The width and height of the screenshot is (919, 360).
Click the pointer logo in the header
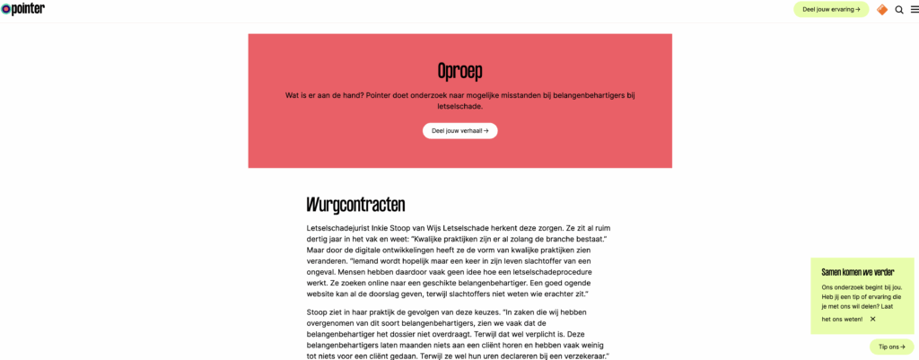[24, 9]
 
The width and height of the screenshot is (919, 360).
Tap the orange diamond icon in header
[882, 10]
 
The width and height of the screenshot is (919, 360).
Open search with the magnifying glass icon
[899, 10]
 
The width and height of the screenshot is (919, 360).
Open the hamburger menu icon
[913, 10]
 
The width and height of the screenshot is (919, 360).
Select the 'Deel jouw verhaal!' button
[459, 130]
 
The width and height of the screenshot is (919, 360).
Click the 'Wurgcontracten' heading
[355, 204]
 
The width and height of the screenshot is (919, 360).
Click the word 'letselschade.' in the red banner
[459, 106]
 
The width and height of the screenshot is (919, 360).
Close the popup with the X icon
[872, 319]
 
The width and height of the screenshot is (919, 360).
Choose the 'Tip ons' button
[891, 347]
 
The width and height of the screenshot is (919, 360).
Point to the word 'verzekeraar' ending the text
[587, 356]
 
